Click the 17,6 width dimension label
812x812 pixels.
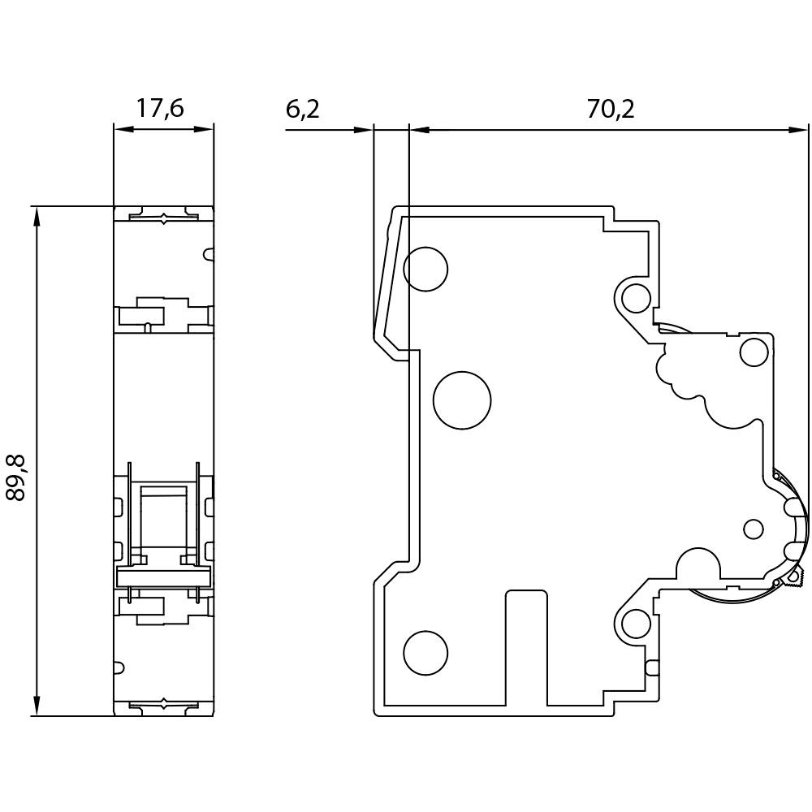(160, 109)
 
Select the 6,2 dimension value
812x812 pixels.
(303, 109)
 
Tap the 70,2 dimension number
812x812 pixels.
(611, 109)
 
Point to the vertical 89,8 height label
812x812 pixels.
(16, 477)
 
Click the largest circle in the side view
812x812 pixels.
(462, 400)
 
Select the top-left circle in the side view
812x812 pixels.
(425, 268)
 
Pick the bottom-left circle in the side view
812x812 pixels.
(425, 653)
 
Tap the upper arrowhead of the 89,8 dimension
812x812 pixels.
(35, 214)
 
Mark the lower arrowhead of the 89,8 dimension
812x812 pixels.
(35, 708)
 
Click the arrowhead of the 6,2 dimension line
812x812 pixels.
(365, 128)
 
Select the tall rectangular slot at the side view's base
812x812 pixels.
(526, 647)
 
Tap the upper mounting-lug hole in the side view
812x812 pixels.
(635, 297)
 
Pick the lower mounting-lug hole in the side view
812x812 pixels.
(636, 624)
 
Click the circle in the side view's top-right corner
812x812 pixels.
(754, 352)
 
